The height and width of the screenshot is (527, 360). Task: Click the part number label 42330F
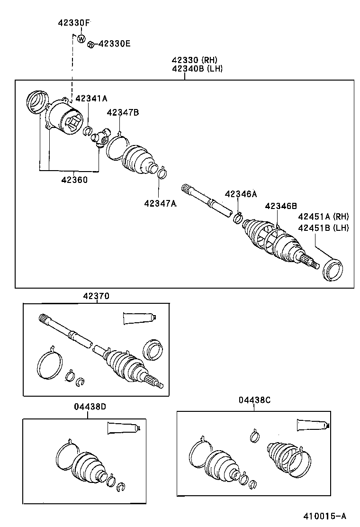coord(74,23)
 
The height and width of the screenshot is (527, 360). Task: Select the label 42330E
coord(114,44)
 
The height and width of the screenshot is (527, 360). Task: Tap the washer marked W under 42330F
coord(81,38)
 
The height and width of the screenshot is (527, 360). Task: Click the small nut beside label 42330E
coord(90,45)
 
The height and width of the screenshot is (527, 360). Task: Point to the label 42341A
coord(91,98)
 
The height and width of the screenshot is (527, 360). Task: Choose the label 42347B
coord(123,112)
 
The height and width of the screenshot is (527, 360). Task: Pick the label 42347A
coord(161,203)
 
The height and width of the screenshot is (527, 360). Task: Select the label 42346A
coord(241,194)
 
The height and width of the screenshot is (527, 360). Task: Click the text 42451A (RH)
coord(323,217)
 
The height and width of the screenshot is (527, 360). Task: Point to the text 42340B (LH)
coord(197,69)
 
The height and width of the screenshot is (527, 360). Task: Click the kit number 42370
coord(96,296)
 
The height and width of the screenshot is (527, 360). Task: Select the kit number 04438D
coord(90,407)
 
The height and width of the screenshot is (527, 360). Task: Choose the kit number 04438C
coord(254,400)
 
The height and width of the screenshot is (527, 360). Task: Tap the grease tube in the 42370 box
coord(139,318)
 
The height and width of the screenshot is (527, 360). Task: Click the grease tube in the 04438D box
coord(124,428)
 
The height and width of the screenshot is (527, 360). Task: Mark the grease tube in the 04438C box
coord(312,425)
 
